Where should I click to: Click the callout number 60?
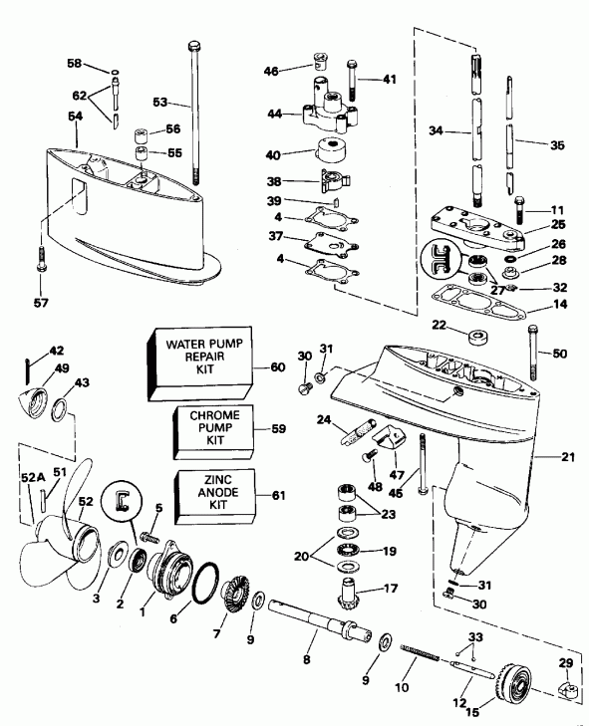[x=278, y=365]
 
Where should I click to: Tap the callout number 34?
[x=436, y=129]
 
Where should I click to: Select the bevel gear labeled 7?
[x=237, y=598]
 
